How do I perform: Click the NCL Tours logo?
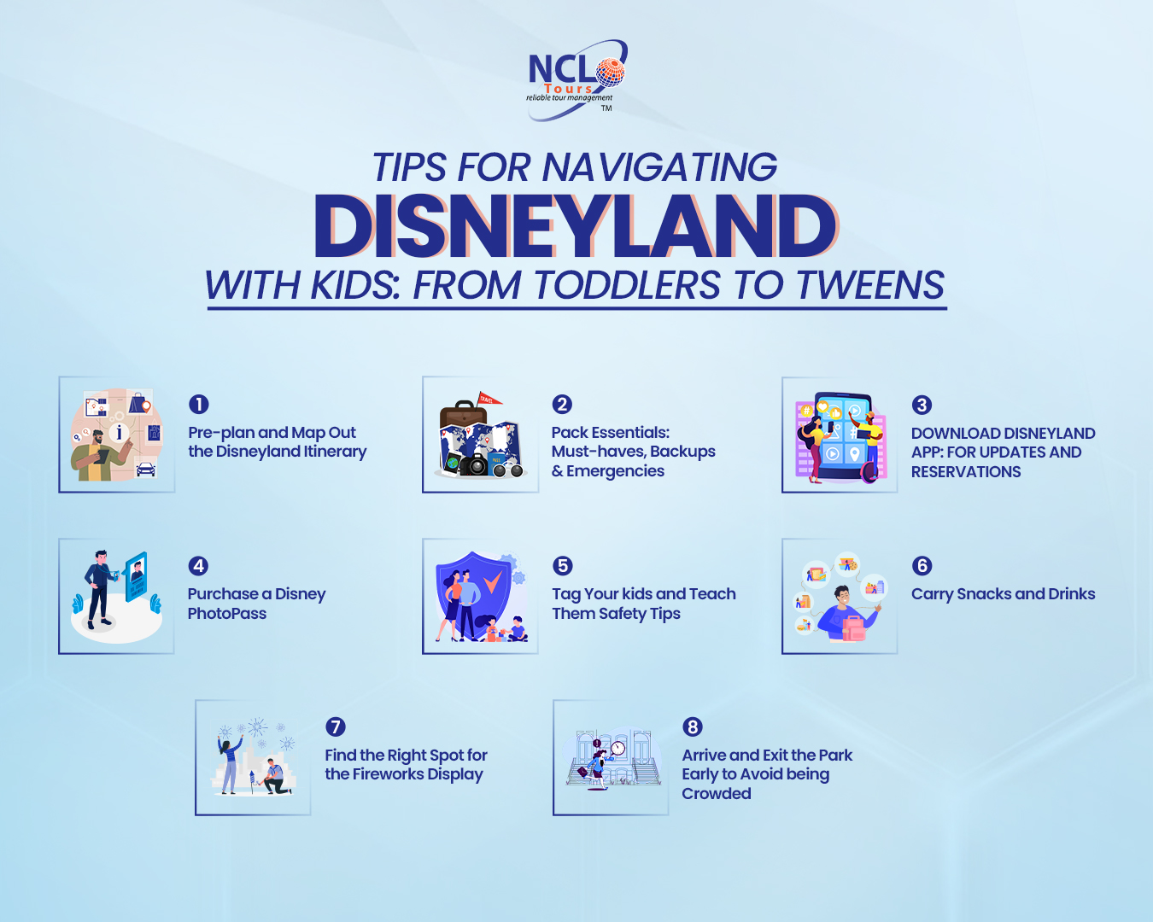point(574,79)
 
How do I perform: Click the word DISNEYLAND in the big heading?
point(576,226)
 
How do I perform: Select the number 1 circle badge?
point(198,405)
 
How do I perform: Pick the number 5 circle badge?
point(562,566)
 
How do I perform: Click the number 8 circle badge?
point(693,727)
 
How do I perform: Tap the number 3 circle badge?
point(922,405)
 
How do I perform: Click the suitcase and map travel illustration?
point(480,435)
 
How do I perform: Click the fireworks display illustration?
point(254,757)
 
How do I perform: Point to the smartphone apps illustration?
point(840,435)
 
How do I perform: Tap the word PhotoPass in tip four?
point(227,614)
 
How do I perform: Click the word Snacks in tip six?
point(983,594)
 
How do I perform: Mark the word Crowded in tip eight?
point(717,794)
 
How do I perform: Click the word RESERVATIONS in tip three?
point(966,472)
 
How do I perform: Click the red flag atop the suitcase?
point(489,398)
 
